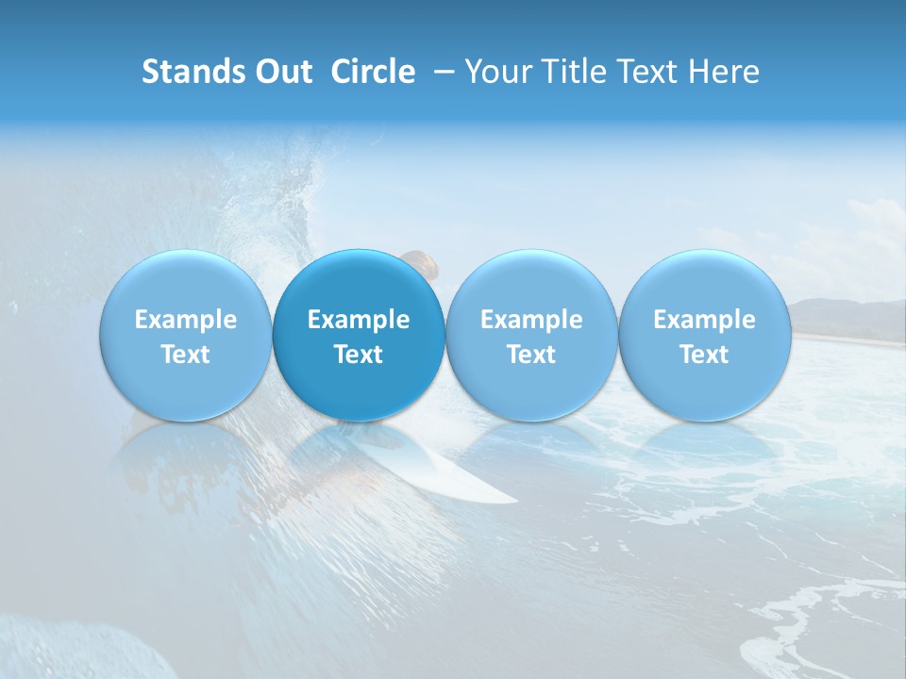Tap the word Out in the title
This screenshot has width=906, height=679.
(x=280, y=72)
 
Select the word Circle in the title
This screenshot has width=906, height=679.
(x=373, y=72)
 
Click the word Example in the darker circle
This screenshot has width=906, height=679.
(x=359, y=320)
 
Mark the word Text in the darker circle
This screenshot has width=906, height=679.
(x=359, y=355)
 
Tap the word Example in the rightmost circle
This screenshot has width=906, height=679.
(x=705, y=320)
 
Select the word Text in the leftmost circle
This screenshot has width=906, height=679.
(x=186, y=355)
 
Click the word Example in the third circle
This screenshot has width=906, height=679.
(x=531, y=320)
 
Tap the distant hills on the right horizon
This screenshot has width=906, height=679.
(x=845, y=316)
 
